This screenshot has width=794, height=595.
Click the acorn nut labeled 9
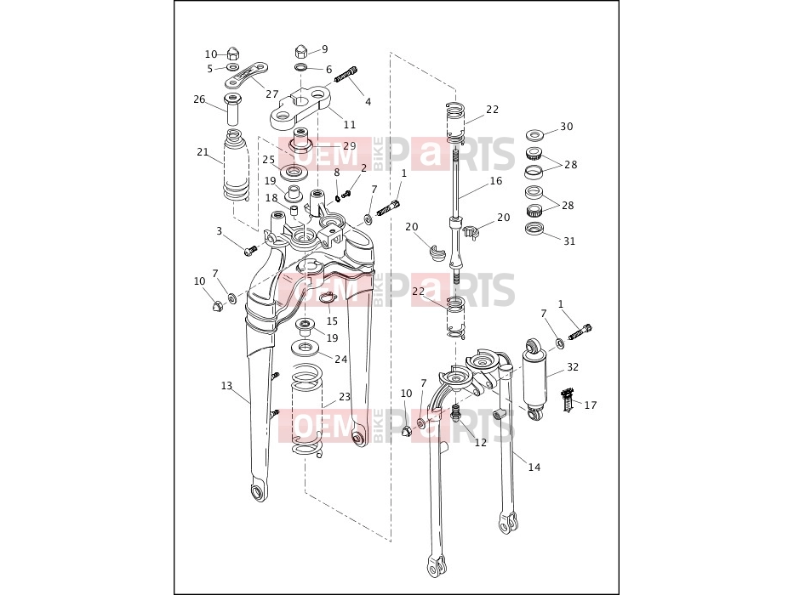point(300,52)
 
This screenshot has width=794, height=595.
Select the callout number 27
point(272,94)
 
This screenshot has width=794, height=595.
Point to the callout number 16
point(496,180)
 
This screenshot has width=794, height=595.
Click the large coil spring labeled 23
point(307,411)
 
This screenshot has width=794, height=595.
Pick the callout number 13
point(226,386)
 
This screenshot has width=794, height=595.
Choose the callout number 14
point(534,467)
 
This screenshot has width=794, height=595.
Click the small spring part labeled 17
point(568,399)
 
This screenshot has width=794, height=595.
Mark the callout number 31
point(569,241)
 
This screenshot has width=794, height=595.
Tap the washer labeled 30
point(534,134)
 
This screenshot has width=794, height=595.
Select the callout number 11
point(350,124)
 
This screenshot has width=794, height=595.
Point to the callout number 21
point(203,152)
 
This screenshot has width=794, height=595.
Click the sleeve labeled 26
point(232,108)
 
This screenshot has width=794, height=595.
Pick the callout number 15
point(332,321)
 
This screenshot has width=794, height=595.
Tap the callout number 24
point(340,359)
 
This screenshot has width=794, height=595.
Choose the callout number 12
point(481,442)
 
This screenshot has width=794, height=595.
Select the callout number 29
point(350,145)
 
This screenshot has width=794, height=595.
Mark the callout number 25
point(268,160)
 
